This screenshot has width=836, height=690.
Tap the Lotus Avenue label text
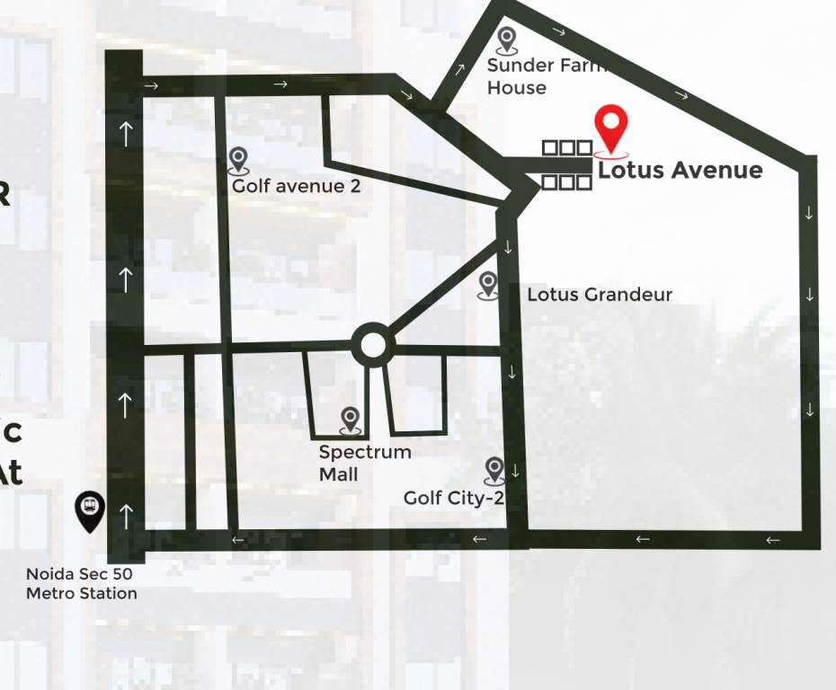point(680,170)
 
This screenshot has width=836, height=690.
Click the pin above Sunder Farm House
point(507,39)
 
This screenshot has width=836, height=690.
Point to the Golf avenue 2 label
point(289,186)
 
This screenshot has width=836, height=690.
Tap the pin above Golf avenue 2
point(237,159)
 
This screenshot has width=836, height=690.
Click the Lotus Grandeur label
point(599,294)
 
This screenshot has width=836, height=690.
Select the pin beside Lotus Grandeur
point(488,284)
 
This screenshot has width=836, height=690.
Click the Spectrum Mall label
point(364,463)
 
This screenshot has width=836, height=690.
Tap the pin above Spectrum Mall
point(350,418)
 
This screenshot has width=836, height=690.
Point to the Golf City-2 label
point(453,498)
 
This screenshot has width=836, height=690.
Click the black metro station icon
point(90,509)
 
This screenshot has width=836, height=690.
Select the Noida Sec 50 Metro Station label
point(81,583)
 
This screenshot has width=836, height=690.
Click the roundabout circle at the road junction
point(370,345)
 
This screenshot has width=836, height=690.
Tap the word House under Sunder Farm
point(517,88)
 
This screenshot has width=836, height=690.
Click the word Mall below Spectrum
point(338,473)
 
